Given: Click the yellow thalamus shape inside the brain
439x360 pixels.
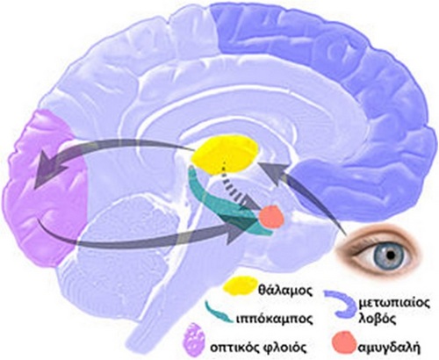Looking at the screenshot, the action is click(x=225, y=155).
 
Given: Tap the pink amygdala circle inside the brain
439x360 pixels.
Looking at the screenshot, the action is click(x=271, y=218).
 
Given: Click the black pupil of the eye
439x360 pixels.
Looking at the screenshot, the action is click(x=391, y=255).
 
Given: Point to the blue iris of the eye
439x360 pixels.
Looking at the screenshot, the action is click(x=391, y=255).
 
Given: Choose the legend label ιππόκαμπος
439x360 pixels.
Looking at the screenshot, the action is click(x=275, y=318).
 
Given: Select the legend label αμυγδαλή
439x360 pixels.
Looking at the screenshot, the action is click(x=389, y=348).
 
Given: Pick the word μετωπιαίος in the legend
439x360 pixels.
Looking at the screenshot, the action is click(x=394, y=302).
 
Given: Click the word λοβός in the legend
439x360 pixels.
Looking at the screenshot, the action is click(x=377, y=318).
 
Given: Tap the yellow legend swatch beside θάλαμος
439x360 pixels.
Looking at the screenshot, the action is click(x=238, y=286).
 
